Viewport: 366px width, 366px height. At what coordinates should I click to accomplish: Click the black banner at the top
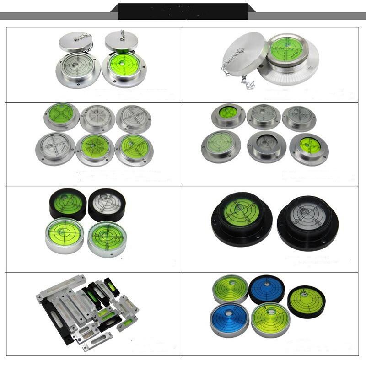tap(183, 11)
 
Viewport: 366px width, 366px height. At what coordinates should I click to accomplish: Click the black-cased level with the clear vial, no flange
tap(107, 205)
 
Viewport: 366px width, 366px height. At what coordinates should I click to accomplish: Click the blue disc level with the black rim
tap(267, 289)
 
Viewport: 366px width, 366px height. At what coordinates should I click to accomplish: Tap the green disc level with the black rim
tap(306, 301)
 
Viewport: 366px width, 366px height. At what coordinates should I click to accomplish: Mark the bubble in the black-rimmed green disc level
tap(304, 293)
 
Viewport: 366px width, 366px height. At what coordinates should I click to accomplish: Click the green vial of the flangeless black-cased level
tap(68, 202)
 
